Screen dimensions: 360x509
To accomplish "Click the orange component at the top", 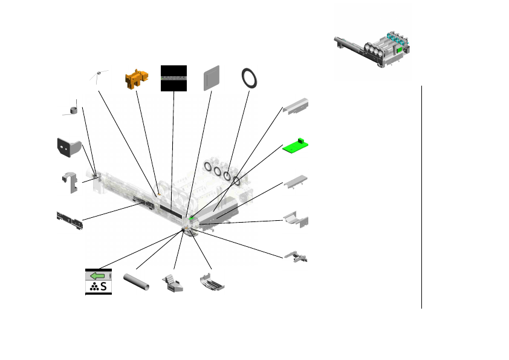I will click(x=136, y=79).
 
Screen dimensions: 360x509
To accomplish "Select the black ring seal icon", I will click(x=249, y=79).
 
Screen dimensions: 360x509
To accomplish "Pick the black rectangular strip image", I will click(x=173, y=78).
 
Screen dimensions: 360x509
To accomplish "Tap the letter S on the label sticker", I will click(x=104, y=287).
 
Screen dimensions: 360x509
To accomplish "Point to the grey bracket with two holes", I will click(x=68, y=147).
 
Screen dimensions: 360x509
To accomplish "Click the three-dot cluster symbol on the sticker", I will click(x=93, y=288).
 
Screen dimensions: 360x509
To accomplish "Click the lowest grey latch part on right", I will click(x=297, y=257).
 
